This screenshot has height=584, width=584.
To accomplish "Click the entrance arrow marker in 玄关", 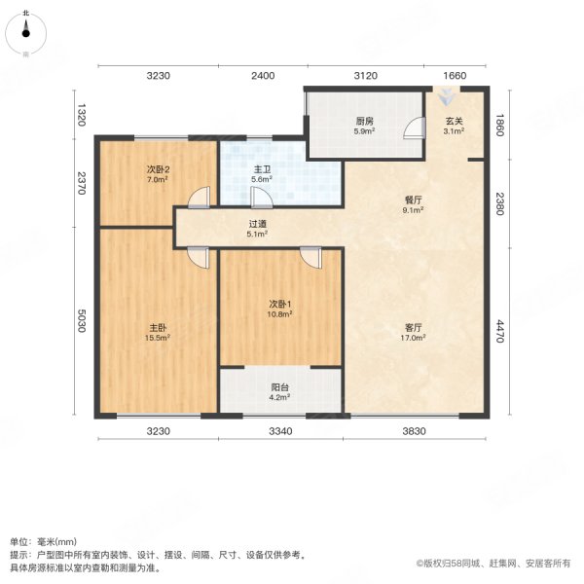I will point(446,96).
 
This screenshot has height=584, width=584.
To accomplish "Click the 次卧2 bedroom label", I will point(158,168).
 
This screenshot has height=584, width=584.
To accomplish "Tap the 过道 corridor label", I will point(257,223).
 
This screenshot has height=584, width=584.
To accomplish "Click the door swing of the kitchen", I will point(416,128).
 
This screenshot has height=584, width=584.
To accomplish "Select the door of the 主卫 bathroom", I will point(260,198).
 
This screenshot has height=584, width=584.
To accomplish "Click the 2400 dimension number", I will point(263,76).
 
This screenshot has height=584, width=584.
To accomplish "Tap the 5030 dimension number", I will point(83,321).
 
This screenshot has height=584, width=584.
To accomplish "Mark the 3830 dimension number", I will point(417,431).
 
